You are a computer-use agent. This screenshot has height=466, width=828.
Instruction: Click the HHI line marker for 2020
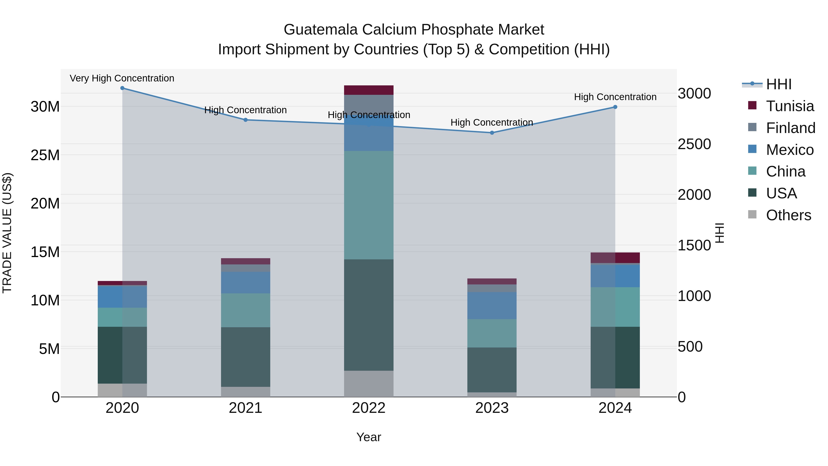[122, 88]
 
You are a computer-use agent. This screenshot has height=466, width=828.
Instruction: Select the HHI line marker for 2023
[492, 133]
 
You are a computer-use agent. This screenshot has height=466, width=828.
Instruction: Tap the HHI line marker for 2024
[615, 107]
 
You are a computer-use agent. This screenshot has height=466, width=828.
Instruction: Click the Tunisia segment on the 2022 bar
[369, 90]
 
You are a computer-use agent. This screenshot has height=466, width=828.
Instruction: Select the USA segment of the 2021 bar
[246, 357]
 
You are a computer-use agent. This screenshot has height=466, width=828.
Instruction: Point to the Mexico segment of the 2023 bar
[492, 306]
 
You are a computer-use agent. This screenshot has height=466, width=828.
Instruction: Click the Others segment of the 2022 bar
[369, 384]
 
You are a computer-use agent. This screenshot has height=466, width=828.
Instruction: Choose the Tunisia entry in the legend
[789, 106]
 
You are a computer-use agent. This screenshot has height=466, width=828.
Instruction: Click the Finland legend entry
[790, 128]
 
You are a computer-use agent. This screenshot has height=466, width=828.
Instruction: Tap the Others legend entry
[788, 215]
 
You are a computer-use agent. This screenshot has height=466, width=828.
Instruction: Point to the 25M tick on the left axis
[45, 155]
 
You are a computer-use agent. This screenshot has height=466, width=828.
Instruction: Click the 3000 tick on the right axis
[694, 94]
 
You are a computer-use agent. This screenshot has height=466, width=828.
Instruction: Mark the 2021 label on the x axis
[246, 408]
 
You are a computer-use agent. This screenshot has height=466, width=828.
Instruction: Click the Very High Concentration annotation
[122, 78]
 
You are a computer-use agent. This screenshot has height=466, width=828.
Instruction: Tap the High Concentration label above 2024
[615, 97]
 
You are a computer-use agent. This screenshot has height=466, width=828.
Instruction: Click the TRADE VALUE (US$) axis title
[7, 233]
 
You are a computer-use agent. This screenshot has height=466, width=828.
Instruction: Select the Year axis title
[369, 437]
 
